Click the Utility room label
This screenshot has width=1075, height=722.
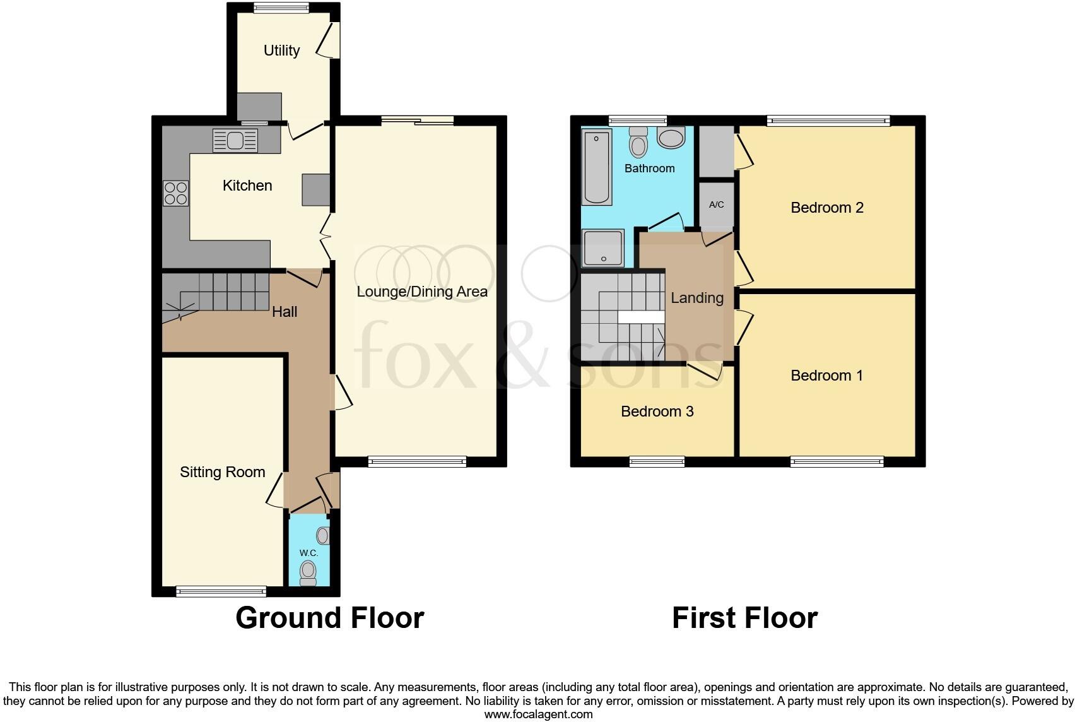pyautogui.click(x=281, y=50)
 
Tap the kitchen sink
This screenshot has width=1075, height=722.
pyautogui.click(x=235, y=140)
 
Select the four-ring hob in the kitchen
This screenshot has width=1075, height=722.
pyautogui.click(x=176, y=192)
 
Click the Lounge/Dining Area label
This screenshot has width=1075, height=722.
pyautogui.click(x=422, y=292)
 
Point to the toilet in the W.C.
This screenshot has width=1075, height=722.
pyautogui.click(x=308, y=572)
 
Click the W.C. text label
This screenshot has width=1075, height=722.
pyautogui.click(x=308, y=553)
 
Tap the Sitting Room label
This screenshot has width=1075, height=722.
pyautogui.click(x=222, y=472)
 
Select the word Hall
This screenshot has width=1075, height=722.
pyautogui.click(x=285, y=312)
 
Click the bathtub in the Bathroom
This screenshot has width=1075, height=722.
pyautogui.click(x=597, y=167)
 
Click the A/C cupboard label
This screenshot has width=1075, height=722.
pyautogui.click(x=717, y=205)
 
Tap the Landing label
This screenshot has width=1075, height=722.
pyautogui.click(x=697, y=298)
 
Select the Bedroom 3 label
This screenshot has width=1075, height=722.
pyautogui.click(x=657, y=411)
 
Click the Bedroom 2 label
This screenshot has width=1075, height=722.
pyautogui.click(x=827, y=208)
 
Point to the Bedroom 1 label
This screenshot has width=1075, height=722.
pyautogui.click(x=827, y=376)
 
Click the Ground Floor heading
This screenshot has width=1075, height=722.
pyautogui.click(x=329, y=618)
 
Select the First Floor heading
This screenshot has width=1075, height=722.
pyautogui.click(x=744, y=618)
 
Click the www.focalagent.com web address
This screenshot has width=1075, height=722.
pyautogui.click(x=538, y=714)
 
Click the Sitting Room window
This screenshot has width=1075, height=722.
pyautogui.click(x=221, y=591)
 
